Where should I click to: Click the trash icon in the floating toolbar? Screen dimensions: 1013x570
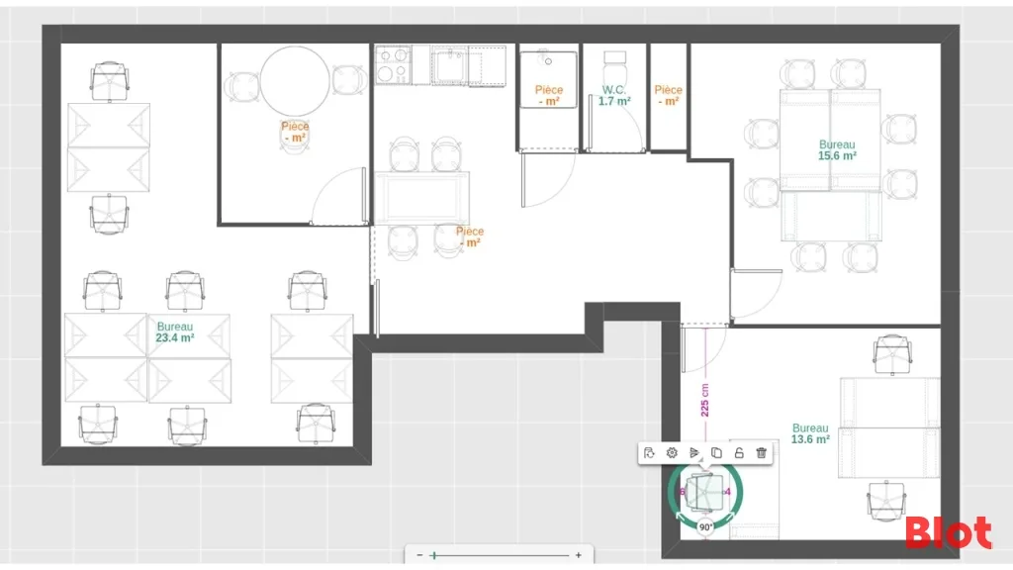[x=761, y=453]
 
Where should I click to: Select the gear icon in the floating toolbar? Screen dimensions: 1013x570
[x=672, y=453]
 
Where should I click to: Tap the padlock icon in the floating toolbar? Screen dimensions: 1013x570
[x=739, y=453]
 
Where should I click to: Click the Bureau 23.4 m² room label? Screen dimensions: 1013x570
[x=175, y=332]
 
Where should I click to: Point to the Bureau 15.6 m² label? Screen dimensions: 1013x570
[x=837, y=150]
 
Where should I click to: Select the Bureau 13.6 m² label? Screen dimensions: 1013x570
[x=810, y=433]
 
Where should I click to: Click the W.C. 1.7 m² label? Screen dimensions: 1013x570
[x=614, y=96]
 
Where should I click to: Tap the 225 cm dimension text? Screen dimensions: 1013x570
[x=704, y=400]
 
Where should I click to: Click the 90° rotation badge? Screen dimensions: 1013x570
[x=706, y=526]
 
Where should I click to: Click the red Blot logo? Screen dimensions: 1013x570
[x=949, y=533]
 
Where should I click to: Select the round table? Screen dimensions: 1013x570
[x=295, y=81]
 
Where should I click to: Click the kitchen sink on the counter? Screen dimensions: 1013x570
[x=449, y=66]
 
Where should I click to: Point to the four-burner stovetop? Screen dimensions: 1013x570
[x=393, y=64]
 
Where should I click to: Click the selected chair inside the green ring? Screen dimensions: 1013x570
[x=704, y=492]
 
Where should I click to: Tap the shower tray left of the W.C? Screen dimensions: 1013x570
[x=548, y=80]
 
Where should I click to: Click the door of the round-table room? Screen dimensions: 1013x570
[x=338, y=196]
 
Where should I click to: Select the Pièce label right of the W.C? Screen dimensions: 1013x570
[x=668, y=96]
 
